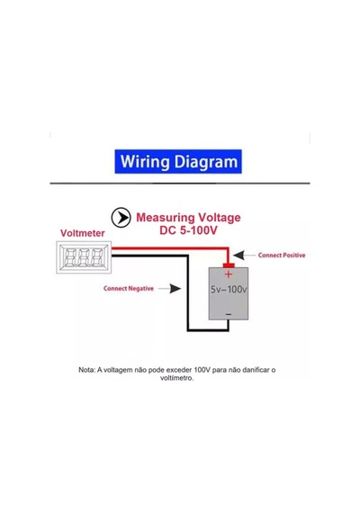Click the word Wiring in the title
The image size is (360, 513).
145,162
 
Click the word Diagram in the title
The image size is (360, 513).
206,162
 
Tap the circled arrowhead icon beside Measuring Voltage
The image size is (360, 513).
121,217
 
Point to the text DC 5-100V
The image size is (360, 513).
188,230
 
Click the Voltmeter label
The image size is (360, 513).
83,233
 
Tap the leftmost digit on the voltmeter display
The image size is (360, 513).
70,257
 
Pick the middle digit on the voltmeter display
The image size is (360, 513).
84,257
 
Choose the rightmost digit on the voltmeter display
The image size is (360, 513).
97,257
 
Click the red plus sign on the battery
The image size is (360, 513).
229,274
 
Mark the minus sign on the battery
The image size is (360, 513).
229,314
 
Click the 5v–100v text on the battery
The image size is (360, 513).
229,289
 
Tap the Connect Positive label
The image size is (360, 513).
282,256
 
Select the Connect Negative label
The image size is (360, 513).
129,289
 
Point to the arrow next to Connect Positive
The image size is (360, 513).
244,256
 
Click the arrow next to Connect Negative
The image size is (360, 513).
170,289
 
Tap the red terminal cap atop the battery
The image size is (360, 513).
229,265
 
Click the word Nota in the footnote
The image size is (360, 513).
87,370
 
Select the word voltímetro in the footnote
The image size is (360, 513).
176,378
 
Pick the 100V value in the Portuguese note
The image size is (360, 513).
202,370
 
